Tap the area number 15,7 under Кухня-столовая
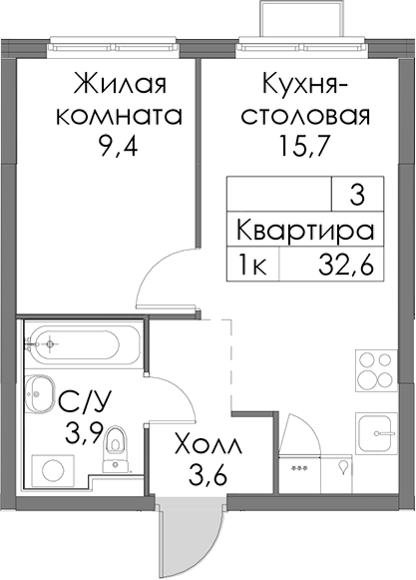(303, 146)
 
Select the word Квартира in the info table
(305, 230)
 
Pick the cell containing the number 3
(357, 195)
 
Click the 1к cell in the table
(253, 266)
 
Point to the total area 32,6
(346, 266)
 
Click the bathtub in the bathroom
(82, 343)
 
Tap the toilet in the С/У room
(115, 449)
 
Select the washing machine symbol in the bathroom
(52, 471)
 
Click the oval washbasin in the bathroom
(39, 393)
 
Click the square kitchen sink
(375, 432)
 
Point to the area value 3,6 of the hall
(208, 476)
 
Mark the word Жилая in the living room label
(121, 83)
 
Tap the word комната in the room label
(119, 115)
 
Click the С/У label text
(84, 402)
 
